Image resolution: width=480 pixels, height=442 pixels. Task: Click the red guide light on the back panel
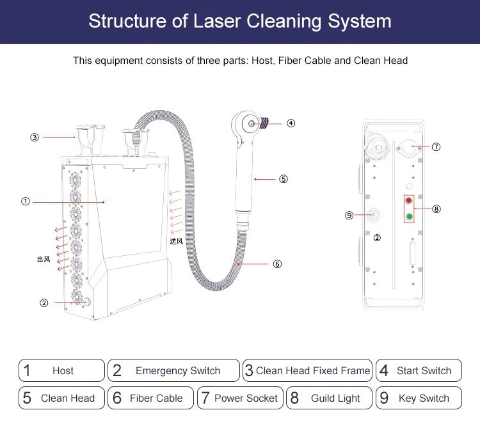point(408,201)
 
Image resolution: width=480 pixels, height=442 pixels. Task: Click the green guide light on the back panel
point(408,216)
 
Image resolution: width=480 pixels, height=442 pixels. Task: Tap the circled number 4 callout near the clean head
point(291,123)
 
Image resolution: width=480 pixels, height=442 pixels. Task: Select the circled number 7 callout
point(436,146)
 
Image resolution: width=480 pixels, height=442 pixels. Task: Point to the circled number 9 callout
point(349,216)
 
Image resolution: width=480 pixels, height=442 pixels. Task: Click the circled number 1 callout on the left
point(26,201)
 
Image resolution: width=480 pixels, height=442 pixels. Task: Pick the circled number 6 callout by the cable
point(277,264)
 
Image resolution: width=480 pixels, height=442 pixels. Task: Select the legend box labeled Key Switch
point(419,398)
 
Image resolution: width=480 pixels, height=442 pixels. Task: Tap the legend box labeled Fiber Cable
point(150,398)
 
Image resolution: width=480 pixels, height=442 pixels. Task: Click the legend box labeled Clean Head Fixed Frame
point(308,370)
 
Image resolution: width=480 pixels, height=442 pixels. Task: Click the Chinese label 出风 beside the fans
point(44,259)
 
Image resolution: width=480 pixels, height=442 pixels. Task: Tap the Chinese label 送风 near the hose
point(176,241)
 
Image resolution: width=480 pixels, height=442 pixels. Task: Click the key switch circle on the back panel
point(374,216)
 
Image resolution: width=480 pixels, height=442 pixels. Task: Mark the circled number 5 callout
point(284,179)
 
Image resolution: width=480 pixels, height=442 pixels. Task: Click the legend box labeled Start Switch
point(419,370)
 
